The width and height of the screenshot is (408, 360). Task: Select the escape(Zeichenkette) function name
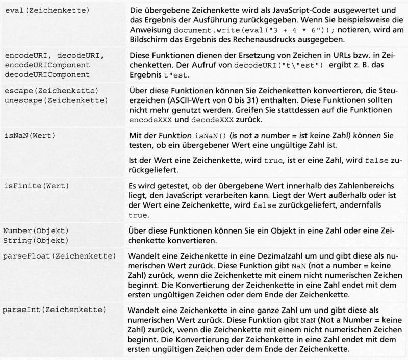50,90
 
